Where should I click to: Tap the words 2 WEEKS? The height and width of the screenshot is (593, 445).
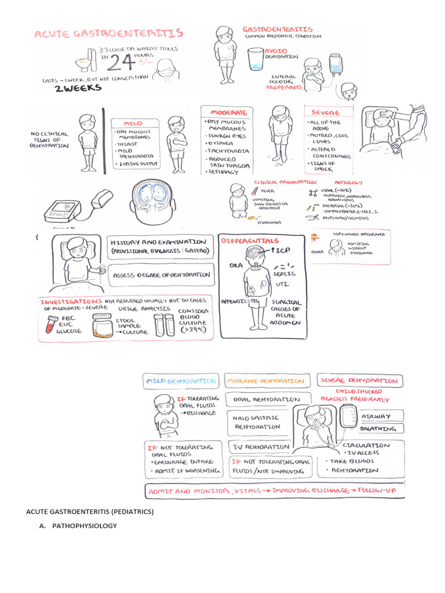[78, 88]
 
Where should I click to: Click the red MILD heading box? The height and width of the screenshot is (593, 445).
[133, 123]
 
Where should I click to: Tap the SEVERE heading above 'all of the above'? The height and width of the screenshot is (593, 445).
[326, 112]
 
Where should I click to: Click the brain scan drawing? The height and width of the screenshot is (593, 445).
[152, 201]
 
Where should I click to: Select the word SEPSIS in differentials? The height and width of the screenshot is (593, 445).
[284, 273]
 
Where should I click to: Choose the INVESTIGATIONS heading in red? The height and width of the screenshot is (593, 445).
[68, 302]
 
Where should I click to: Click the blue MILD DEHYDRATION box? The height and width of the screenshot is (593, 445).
[181, 381]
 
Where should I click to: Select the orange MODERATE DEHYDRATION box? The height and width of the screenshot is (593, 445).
[266, 381]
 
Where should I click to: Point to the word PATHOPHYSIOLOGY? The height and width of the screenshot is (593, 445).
[85, 526]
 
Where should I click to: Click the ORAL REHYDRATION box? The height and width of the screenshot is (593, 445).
[267, 400]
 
